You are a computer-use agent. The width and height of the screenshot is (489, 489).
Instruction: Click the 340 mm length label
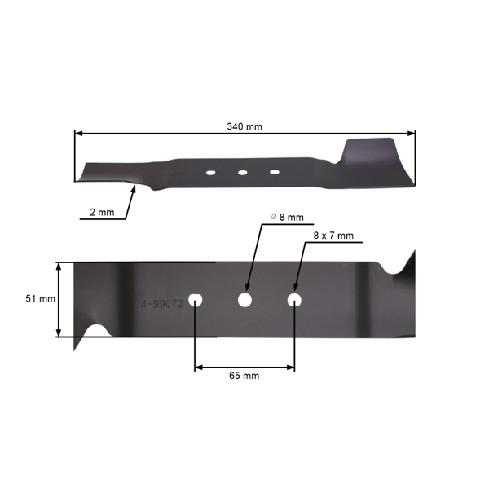[x=244, y=126]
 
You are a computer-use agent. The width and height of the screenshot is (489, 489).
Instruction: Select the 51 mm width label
[x=40, y=299]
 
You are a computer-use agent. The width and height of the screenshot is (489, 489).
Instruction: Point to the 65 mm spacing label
[x=244, y=376]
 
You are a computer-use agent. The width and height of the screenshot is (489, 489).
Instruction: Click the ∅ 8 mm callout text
[x=287, y=218]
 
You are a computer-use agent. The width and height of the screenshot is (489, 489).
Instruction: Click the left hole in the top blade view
[x=209, y=173]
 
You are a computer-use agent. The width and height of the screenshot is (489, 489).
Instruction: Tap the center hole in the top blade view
[x=242, y=172]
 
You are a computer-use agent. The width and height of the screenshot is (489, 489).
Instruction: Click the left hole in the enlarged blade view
[x=195, y=300]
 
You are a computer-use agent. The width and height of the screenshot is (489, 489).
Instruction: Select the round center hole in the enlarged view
[x=244, y=300]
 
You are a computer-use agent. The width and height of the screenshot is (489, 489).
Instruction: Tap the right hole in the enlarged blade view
[x=294, y=300]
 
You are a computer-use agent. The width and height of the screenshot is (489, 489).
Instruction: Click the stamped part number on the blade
[x=160, y=303]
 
